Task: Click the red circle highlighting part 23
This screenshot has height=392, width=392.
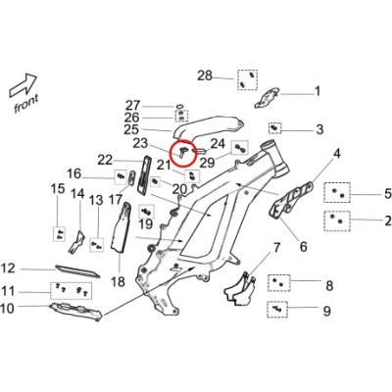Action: pyautogui.click(x=182, y=140)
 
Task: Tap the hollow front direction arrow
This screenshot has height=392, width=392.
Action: pyautogui.click(x=23, y=86)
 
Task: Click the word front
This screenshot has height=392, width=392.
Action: pyautogui.click(x=26, y=103)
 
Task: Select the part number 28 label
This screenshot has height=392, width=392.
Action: pyautogui.click(x=205, y=75)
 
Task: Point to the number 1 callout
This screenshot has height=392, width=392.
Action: pyautogui.click(x=318, y=91)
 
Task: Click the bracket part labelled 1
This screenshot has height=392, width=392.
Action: pyautogui.click(x=267, y=97)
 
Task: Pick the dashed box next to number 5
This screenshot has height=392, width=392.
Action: pyautogui.click(x=337, y=193)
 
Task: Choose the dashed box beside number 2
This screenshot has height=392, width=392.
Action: pyautogui.click(x=337, y=221)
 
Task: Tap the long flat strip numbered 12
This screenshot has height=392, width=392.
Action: pyautogui.click(x=77, y=271)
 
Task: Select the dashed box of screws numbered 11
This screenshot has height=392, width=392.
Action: pyautogui.click(x=72, y=290)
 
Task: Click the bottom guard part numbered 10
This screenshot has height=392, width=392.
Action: pyautogui.click(x=75, y=312)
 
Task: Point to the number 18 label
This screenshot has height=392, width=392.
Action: pyautogui.click(x=118, y=281)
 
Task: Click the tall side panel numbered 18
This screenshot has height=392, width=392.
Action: pyautogui.click(x=122, y=227)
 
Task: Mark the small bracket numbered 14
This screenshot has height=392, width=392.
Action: pyautogui.click(x=76, y=242)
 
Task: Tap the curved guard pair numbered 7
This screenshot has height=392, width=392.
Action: pyautogui.click(x=240, y=289)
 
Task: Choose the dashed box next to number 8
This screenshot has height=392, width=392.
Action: pyautogui.click(x=279, y=283)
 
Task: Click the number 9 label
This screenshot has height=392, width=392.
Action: pyautogui.click(x=326, y=311)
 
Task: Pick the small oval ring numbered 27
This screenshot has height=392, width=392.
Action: pyautogui.click(x=179, y=106)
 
